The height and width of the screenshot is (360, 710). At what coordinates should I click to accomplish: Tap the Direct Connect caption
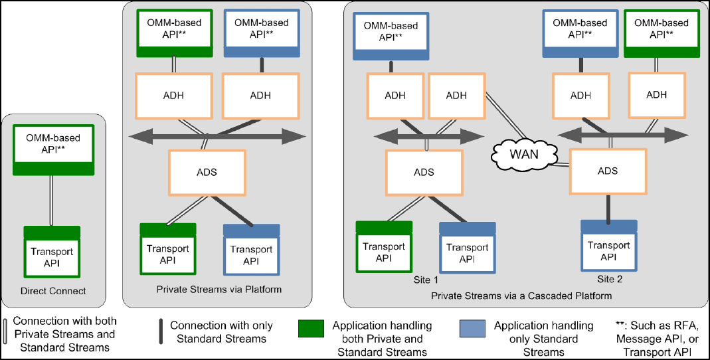tap(53, 291)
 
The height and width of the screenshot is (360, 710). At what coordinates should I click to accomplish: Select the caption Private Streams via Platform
tap(219, 290)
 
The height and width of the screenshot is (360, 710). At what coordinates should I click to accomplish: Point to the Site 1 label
tap(425, 280)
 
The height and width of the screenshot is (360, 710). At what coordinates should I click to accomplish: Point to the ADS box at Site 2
tap(608, 171)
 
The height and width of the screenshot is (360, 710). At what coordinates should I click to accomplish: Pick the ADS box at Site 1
tap(424, 172)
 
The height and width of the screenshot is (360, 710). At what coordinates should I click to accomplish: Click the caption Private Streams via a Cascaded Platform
tap(521, 295)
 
